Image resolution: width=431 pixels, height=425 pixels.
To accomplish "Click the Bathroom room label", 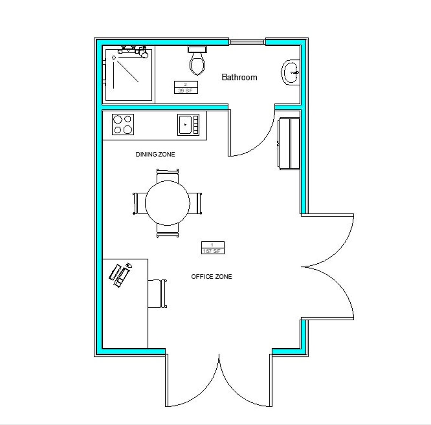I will tap(239, 77).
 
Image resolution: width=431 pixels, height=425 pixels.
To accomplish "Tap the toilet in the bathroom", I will tap(198, 62).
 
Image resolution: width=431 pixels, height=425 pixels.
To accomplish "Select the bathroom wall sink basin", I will tap(291, 72).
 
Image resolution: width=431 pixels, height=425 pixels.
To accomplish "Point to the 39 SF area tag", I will tap(185, 87).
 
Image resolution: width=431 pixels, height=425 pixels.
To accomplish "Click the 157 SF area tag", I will tap(212, 248).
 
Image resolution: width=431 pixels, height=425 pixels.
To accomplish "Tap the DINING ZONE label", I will tap(155, 155).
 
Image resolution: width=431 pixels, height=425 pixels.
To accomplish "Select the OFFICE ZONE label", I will tap(211, 277).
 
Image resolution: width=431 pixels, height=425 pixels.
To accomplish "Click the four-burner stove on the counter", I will tap(123, 124).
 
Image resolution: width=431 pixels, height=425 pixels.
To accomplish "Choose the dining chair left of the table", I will tap(139, 203).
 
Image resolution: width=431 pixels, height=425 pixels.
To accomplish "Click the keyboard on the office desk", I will tap(118, 274).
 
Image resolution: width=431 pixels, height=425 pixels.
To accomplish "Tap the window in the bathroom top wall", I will tap(247, 42).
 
